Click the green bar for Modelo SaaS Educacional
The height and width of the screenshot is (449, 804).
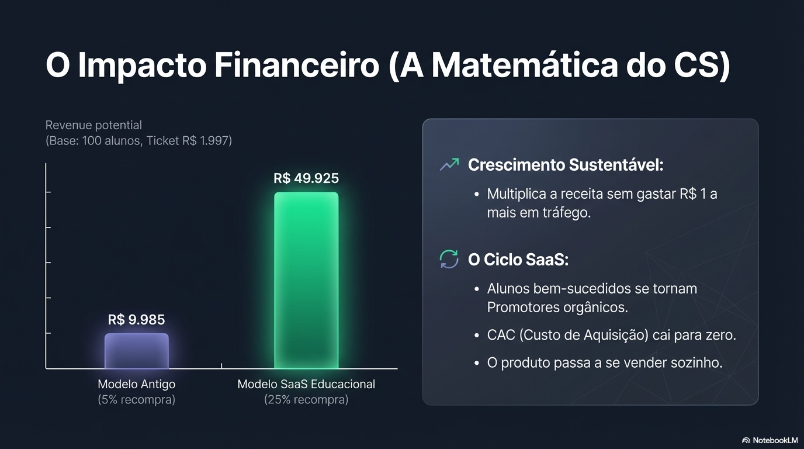[306, 280]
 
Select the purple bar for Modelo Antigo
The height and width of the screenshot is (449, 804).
[137, 351]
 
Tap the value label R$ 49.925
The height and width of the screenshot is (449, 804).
[306, 178]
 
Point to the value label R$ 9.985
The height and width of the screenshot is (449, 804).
[137, 320]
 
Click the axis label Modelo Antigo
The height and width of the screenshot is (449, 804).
[137, 384]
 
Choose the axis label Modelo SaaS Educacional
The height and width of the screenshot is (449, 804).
[306, 384]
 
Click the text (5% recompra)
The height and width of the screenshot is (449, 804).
[137, 400]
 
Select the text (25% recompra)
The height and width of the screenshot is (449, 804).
[306, 400]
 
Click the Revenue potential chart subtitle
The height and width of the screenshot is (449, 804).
[93, 125]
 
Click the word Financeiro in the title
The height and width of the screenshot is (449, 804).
[296, 65]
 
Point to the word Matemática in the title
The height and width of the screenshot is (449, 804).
[524, 65]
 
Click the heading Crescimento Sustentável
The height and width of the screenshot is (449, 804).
[566, 165]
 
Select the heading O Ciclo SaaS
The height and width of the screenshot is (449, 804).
[518, 260]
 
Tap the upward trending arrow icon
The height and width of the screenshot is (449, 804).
[449, 165]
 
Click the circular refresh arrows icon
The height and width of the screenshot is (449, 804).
[449, 259]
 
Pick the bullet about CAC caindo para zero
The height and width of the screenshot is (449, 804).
[611, 335]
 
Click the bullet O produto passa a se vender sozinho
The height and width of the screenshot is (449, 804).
[605, 362]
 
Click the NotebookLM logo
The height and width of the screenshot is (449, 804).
[770, 440]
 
